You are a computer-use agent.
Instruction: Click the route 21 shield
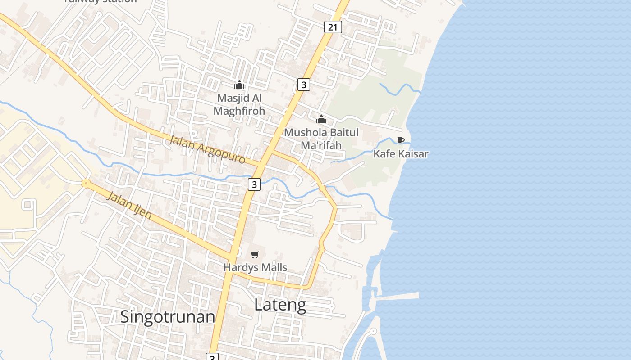point(333,27)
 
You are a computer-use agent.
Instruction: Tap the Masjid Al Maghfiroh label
point(239,104)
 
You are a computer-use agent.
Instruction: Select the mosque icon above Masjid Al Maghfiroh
point(239,85)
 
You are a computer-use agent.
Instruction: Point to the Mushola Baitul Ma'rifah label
point(321,139)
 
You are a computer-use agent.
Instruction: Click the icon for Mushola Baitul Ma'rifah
point(321,120)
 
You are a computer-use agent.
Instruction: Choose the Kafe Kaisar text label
point(401,154)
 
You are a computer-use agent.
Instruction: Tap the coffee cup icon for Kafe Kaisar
point(400,140)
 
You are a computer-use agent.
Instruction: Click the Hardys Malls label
point(255,267)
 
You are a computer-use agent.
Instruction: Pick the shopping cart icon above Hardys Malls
point(255,255)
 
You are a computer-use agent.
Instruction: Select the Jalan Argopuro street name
point(207,149)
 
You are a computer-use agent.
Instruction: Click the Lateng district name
point(280,305)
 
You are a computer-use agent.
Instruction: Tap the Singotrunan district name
point(168,317)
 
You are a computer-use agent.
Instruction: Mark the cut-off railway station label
point(100,1)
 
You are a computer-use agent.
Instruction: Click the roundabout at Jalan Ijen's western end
point(85,183)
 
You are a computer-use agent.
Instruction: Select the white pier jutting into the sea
point(397,296)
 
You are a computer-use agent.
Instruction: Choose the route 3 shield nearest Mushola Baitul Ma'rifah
point(304,84)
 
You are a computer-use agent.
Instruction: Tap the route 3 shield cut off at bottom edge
point(212,357)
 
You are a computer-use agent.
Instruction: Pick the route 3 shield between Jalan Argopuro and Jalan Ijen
point(254,184)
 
